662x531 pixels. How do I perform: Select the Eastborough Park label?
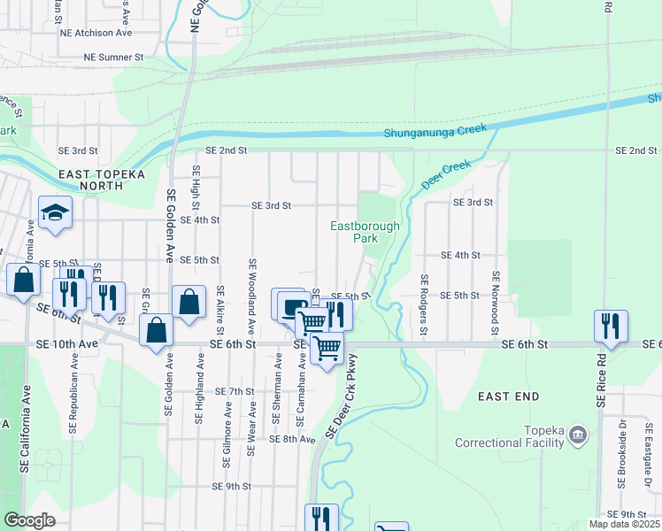pyautogui.click(x=365, y=232)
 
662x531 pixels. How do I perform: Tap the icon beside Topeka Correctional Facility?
pyautogui.click(x=578, y=434)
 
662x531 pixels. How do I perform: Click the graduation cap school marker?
pyautogui.click(x=55, y=213)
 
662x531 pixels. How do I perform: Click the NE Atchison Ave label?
pyautogui.click(x=96, y=33)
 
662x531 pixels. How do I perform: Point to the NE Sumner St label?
pyautogui.click(x=113, y=57)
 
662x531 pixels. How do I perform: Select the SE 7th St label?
pyautogui.click(x=235, y=390)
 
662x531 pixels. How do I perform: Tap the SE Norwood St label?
pyautogui.click(x=496, y=305)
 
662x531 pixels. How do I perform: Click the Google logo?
pyautogui.click(x=30, y=520)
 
